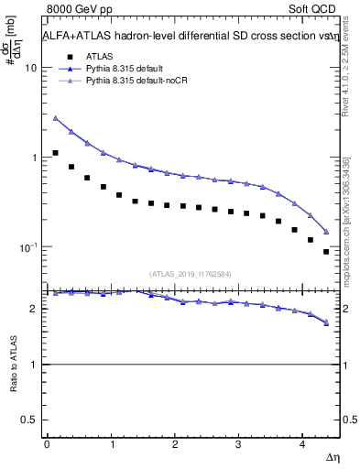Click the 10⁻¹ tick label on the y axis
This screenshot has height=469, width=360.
[28, 247]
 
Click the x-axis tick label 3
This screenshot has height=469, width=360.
[238, 444]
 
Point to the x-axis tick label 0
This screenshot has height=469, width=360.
[46, 444]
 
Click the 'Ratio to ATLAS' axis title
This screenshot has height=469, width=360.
[12, 365]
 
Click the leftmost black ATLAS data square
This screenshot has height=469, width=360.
[56, 153]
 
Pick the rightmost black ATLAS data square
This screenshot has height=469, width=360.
[326, 251]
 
